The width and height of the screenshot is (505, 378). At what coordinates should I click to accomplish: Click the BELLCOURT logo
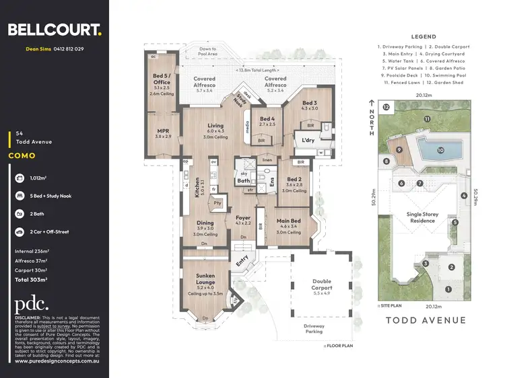54,29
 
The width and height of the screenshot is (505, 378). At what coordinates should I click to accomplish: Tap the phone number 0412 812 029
70,49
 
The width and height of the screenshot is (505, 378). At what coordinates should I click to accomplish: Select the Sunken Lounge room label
206,276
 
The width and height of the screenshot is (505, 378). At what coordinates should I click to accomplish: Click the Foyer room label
242,218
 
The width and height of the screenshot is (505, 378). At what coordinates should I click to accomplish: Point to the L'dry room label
308,141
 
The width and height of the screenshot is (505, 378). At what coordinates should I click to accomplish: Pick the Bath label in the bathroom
243,180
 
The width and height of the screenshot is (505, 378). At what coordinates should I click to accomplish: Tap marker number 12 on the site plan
385,107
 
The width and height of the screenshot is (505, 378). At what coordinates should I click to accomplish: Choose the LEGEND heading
422,37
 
